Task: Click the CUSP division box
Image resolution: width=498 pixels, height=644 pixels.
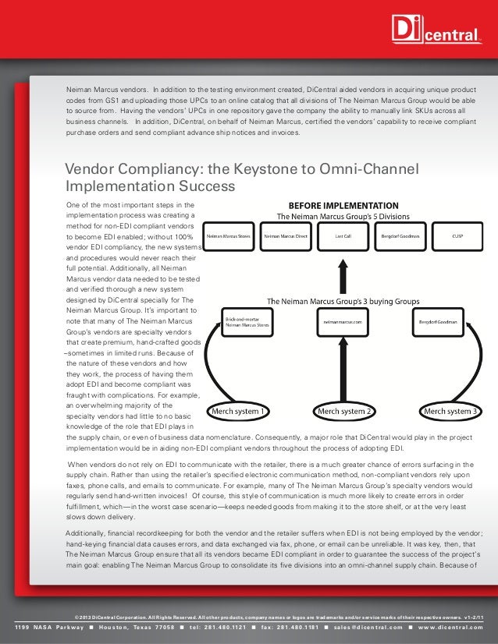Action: (x=457, y=235)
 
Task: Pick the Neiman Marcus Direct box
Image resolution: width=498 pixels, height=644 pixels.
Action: (x=286, y=235)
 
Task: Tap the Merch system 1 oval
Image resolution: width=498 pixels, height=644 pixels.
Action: (x=238, y=411)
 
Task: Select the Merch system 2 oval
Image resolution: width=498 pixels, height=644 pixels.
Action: (x=343, y=411)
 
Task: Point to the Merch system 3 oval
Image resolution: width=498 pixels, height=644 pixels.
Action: (x=448, y=411)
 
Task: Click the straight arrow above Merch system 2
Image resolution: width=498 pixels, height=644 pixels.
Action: (x=343, y=366)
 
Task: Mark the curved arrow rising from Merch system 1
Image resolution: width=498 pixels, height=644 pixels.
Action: (x=216, y=366)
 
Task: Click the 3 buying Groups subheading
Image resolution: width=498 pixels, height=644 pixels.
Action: (x=343, y=300)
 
